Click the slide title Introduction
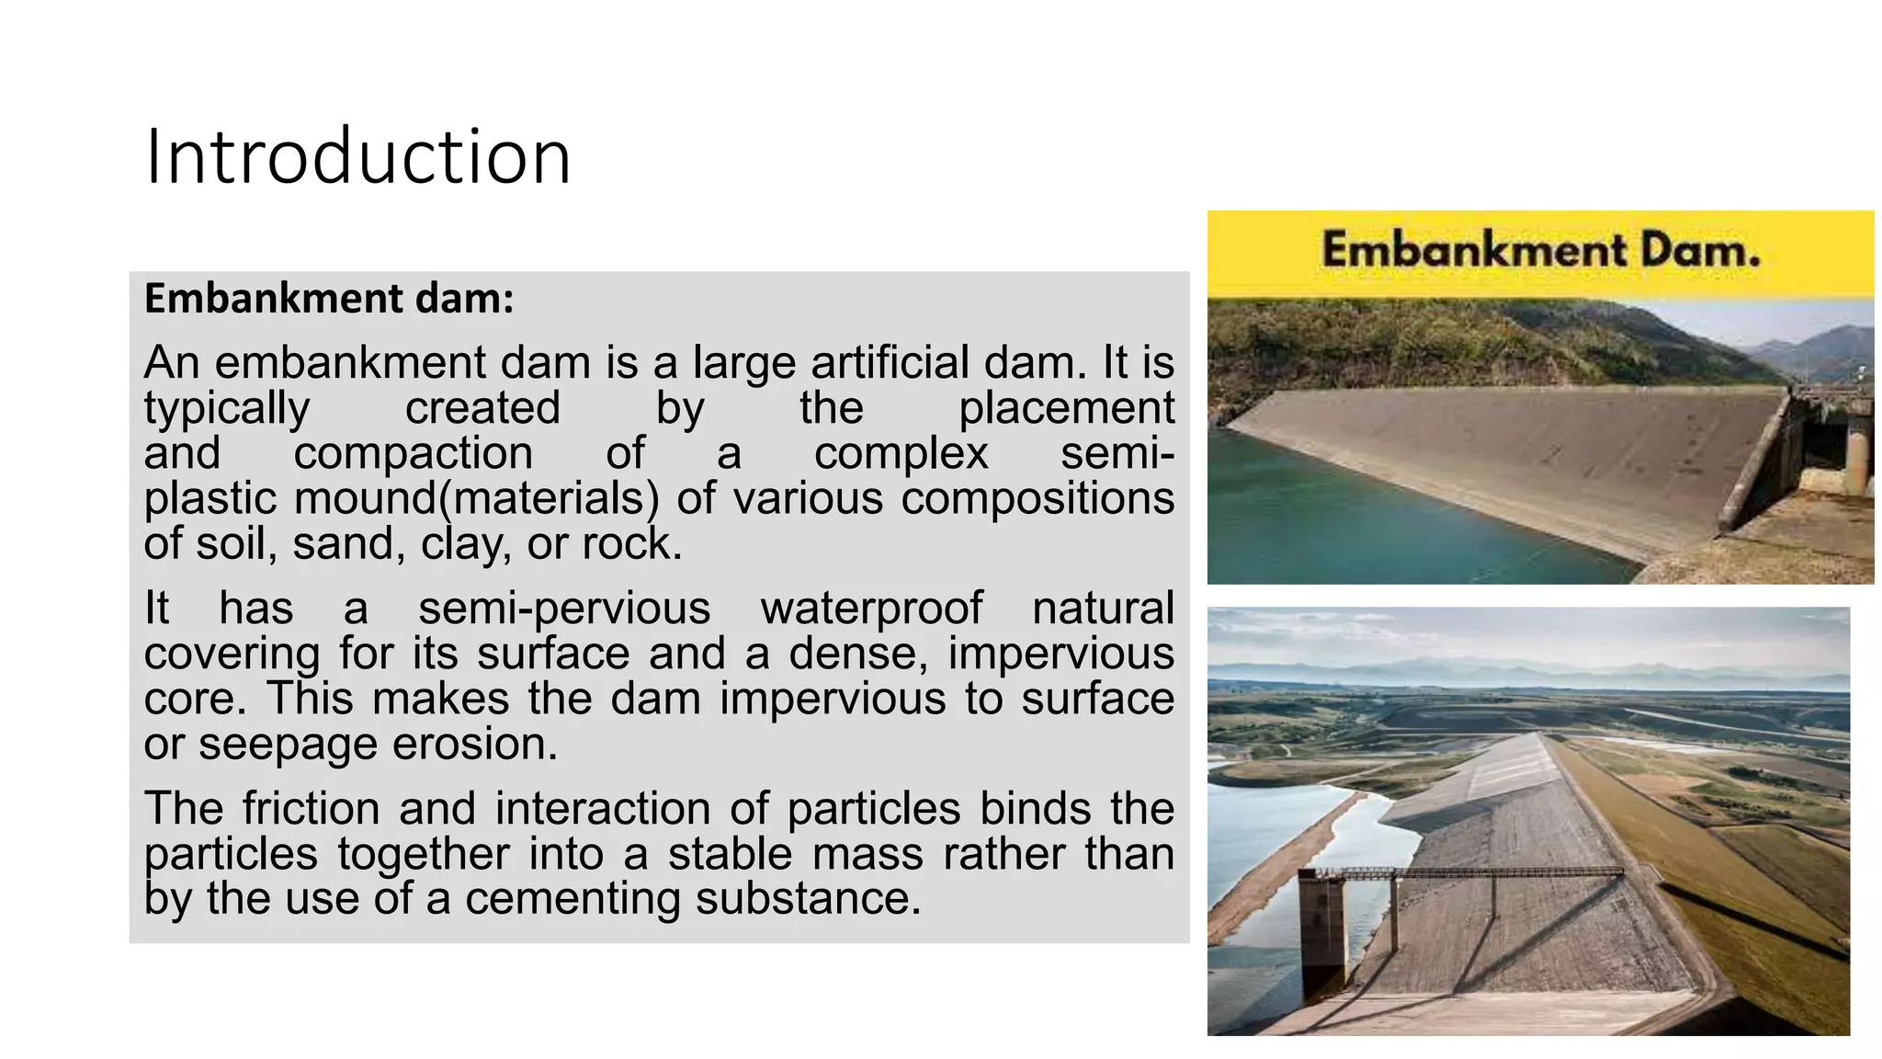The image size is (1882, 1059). point(358,157)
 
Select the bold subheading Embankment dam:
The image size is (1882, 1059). point(329,299)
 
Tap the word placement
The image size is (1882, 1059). point(1066,408)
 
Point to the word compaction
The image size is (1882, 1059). point(413,453)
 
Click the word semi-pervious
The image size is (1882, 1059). point(564,609)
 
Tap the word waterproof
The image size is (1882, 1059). point(871,609)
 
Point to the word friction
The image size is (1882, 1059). point(312,809)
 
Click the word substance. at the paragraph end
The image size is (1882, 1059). point(808,898)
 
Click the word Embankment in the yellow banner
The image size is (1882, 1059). point(1473,250)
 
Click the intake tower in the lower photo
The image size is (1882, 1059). point(1322,928)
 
